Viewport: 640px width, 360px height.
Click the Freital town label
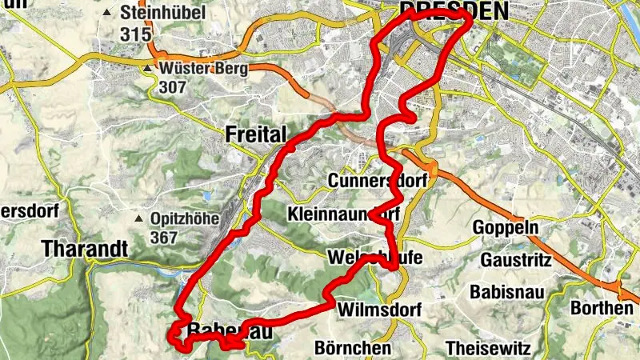click(255, 134)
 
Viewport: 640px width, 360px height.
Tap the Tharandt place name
click(85, 249)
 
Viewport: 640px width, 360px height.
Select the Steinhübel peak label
click(163, 13)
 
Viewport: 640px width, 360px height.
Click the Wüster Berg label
click(204, 68)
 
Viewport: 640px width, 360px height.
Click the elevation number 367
click(164, 238)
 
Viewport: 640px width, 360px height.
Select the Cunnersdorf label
click(378, 181)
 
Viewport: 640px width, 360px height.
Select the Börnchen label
click(353, 349)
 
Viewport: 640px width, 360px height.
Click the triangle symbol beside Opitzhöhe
click(139, 218)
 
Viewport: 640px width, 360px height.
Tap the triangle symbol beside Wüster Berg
click(148, 69)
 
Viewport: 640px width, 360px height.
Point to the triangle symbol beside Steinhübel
click(108, 13)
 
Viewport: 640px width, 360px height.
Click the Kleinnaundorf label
click(343, 214)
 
